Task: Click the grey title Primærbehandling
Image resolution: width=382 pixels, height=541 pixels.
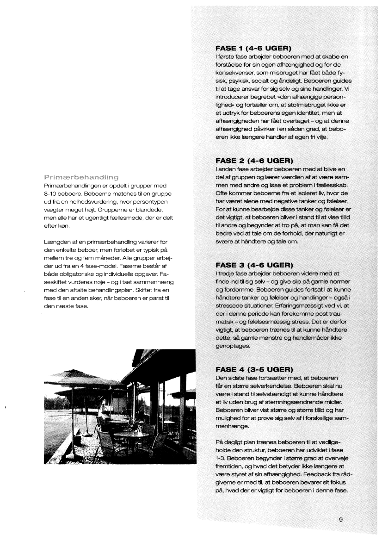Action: (81, 177)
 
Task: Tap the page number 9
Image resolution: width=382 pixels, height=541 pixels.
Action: (340, 519)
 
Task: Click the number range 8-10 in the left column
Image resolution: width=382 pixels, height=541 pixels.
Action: (53, 194)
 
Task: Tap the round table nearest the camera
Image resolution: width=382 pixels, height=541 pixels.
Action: (130, 435)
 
